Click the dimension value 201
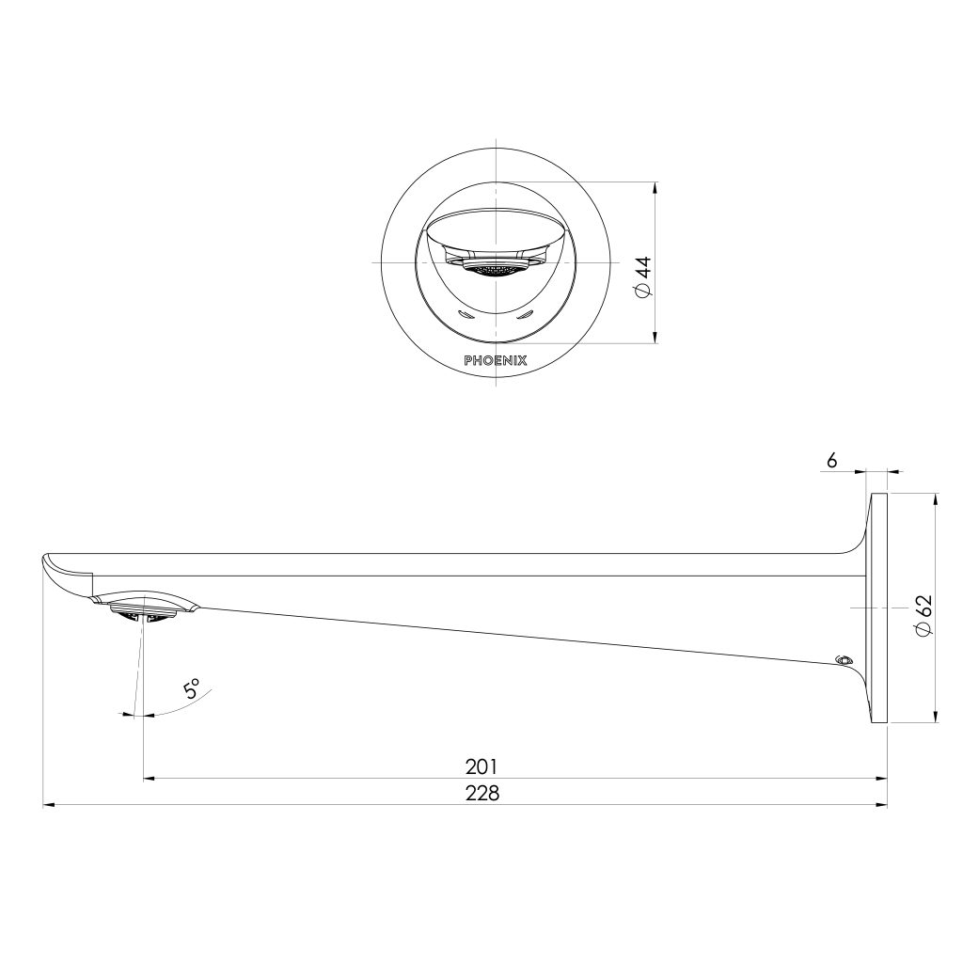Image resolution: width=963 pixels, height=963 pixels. point(481,766)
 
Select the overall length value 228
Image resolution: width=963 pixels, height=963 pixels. point(481,793)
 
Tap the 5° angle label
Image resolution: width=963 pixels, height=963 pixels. point(193,689)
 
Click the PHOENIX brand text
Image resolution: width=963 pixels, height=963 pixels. point(496,359)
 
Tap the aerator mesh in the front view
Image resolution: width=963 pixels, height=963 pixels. point(496,271)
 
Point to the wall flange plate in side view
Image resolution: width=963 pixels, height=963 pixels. point(880,608)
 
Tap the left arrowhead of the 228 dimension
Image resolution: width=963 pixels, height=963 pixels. point(49,805)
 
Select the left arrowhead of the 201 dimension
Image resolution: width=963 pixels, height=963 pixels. point(149,779)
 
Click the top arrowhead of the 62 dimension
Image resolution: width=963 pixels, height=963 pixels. point(936,498)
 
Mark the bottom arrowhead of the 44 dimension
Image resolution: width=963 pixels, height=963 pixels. point(655,340)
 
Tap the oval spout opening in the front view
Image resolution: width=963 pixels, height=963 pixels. point(496,229)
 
